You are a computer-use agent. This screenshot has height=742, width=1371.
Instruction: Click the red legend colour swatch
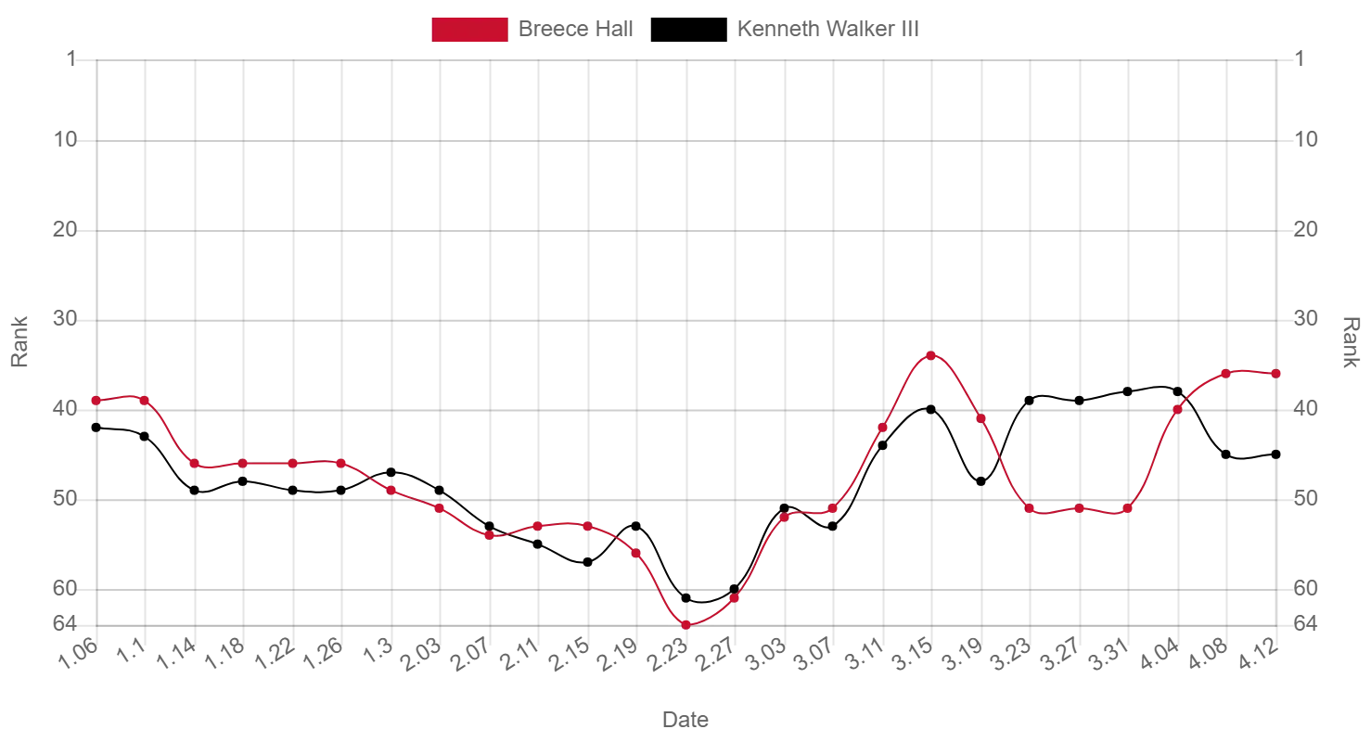click(x=469, y=29)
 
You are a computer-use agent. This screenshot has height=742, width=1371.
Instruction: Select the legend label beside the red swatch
click(x=578, y=28)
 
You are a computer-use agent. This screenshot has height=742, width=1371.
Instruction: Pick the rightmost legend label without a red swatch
click(x=826, y=28)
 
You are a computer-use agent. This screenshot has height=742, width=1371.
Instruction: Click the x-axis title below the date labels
click(x=685, y=717)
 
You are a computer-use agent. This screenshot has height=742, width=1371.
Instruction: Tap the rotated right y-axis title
click(x=1353, y=341)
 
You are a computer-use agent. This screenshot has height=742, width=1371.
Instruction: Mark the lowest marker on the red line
click(x=686, y=625)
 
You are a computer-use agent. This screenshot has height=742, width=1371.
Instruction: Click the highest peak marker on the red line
click(x=931, y=355)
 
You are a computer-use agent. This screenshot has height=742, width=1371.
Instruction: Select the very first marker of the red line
click(x=96, y=401)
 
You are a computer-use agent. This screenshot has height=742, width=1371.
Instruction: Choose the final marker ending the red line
click(x=1277, y=373)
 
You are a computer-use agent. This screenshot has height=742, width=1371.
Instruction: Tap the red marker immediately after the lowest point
click(x=736, y=598)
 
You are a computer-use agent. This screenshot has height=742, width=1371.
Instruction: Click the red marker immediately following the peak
click(x=980, y=418)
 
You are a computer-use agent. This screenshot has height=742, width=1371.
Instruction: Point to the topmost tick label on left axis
click(x=70, y=58)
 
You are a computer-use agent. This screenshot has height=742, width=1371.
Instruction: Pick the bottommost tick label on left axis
click(x=68, y=620)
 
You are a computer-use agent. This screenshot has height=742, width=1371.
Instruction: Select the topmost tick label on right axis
click(x=1301, y=58)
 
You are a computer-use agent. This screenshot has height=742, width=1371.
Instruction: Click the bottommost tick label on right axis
click(x=1305, y=620)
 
